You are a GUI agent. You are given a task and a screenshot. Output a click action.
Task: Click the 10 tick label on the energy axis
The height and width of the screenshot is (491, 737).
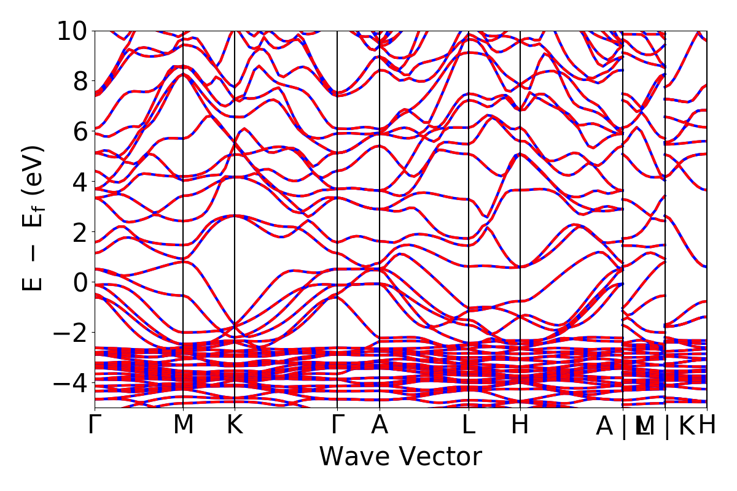[72, 31]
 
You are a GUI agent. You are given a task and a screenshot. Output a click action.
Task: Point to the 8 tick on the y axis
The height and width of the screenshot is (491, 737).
[80, 82]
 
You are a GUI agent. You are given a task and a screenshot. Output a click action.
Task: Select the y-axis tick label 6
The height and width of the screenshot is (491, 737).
[80, 132]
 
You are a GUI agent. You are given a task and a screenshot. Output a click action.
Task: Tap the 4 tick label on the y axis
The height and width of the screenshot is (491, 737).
[80, 182]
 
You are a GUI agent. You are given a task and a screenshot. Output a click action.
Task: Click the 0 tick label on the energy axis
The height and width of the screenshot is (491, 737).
[80, 283]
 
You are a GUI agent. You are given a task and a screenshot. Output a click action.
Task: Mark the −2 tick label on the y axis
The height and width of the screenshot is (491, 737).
[72, 333]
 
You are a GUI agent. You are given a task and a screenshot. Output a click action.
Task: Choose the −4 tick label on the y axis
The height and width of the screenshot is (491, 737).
[72, 384]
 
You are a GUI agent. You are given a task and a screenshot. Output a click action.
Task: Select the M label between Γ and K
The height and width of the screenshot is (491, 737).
[184, 425]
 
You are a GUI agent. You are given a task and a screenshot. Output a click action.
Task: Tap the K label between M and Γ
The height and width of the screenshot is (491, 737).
[235, 425]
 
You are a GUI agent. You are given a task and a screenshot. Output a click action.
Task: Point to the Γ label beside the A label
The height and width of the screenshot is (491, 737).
[337, 425]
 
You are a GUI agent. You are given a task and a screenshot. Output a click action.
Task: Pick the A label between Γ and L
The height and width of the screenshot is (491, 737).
[380, 425]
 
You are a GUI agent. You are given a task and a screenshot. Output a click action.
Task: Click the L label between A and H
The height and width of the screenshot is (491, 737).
[469, 425]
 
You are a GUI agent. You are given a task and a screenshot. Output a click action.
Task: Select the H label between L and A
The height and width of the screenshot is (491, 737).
[520, 425]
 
